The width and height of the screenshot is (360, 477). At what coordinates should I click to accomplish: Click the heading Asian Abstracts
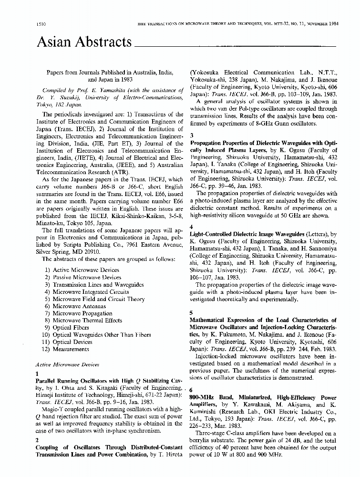[x=84, y=43]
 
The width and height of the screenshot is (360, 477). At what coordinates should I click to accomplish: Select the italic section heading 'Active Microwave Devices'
[x=67, y=364]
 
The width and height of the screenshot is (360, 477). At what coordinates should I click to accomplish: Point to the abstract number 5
[x=192, y=312]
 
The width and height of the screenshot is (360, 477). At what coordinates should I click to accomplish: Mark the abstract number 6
[x=192, y=390]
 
